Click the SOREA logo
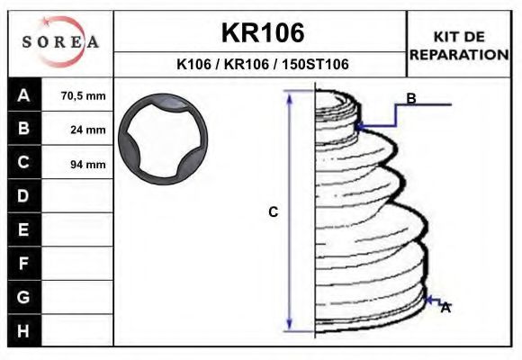pos(60,41)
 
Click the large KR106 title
pos(263,32)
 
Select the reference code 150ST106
pos(315,64)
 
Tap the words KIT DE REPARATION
pos(459,46)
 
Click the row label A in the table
pos(23,95)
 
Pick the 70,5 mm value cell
pos(83,96)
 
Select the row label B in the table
pos(23,128)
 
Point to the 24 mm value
pos(88,130)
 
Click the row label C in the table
pos(23,162)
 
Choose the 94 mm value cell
pos(88,164)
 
